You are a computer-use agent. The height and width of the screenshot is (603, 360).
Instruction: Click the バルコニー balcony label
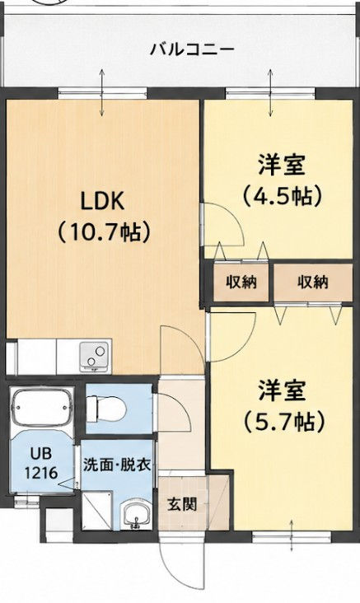[x=192, y=50]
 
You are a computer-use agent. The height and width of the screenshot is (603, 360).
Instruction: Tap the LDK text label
[x=102, y=201]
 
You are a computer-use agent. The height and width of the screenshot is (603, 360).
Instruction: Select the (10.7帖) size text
[x=103, y=232]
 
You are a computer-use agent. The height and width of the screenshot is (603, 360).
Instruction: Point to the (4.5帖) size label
[x=282, y=195]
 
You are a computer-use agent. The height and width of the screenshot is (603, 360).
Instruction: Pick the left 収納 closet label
[x=241, y=283]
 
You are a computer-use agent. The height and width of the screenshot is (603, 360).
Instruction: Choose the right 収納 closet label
[x=313, y=283]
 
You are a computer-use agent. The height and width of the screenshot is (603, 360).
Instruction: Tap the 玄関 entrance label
[x=182, y=504]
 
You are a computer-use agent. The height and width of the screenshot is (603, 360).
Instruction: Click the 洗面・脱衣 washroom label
[x=117, y=465]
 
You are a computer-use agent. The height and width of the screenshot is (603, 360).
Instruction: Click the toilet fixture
[x=106, y=409]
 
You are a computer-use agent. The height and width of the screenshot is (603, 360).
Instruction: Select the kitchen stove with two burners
[x=95, y=357]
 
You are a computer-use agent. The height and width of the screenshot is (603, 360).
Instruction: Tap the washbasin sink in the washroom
[x=136, y=516]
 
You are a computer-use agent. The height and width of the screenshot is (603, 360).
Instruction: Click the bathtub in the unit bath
[x=41, y=409]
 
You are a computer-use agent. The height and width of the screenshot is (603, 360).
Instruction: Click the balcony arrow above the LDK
[x=102, y=92]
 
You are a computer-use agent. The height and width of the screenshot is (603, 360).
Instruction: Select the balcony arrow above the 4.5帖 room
[x=271, y=92]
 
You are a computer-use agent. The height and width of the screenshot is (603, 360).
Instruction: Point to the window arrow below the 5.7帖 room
[x=291, y=535]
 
